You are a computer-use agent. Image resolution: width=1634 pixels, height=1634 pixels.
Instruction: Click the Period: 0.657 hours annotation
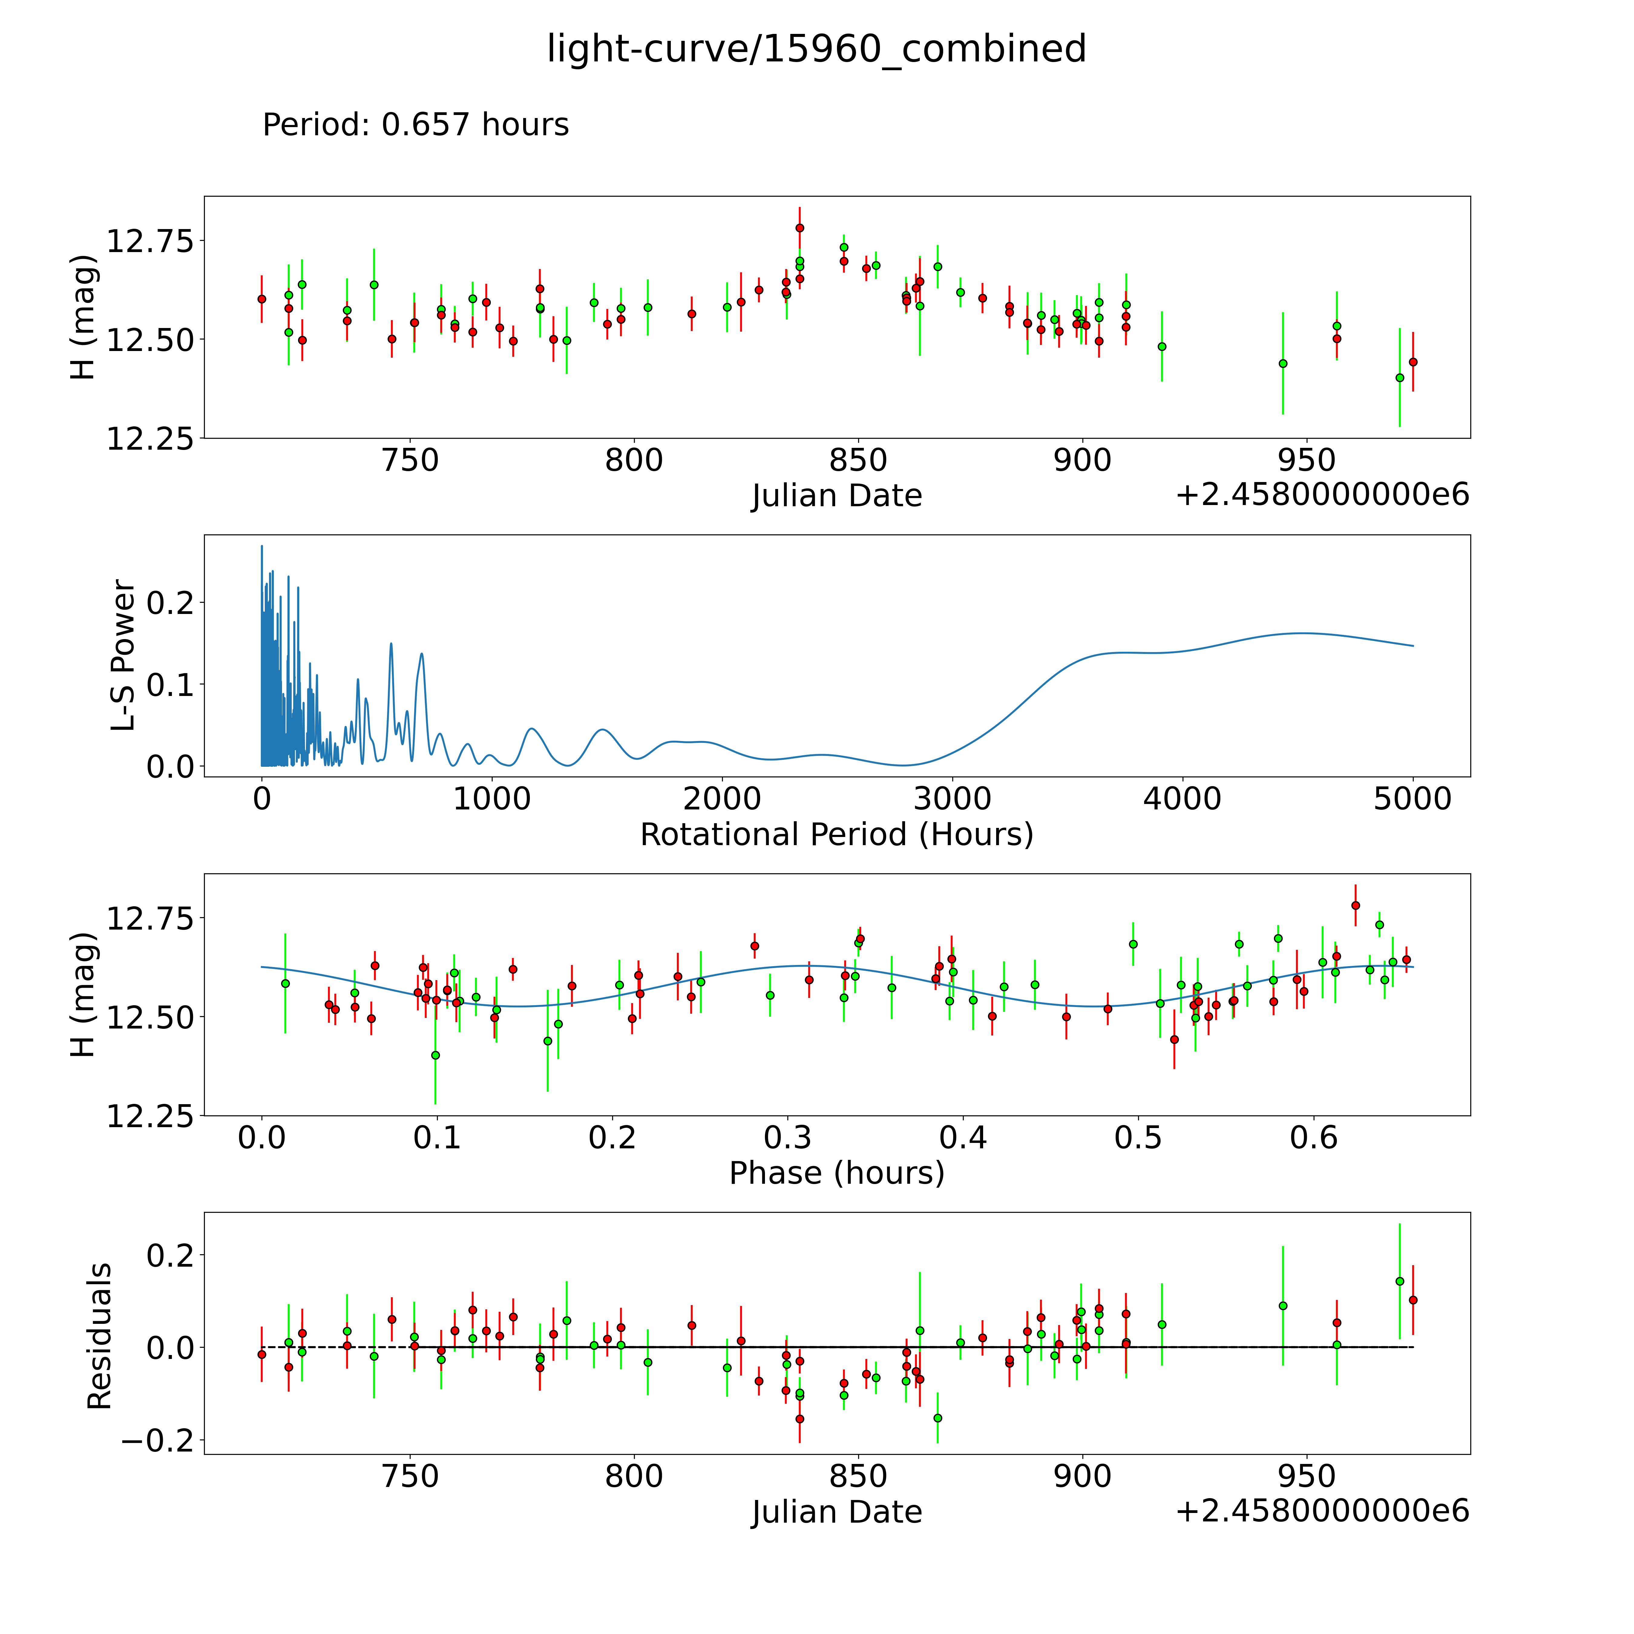pos(415,125)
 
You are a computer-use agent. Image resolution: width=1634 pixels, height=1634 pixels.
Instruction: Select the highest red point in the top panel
pos(799,228)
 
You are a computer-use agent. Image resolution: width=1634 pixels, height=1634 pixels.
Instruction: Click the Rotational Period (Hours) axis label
pos(836,835)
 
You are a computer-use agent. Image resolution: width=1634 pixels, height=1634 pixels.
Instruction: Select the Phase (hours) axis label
pos(836,1173)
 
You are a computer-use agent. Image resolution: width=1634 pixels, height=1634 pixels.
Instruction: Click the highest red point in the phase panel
pos(1355,905)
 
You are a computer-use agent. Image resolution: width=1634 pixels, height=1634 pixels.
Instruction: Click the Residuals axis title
pos(100,1336)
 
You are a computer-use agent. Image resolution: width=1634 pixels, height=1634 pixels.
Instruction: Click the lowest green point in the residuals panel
pos(937,1417)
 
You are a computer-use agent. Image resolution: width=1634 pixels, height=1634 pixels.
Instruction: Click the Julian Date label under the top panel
pos(836,496)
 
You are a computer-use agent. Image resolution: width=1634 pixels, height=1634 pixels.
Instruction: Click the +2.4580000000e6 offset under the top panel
pos(1322,496)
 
